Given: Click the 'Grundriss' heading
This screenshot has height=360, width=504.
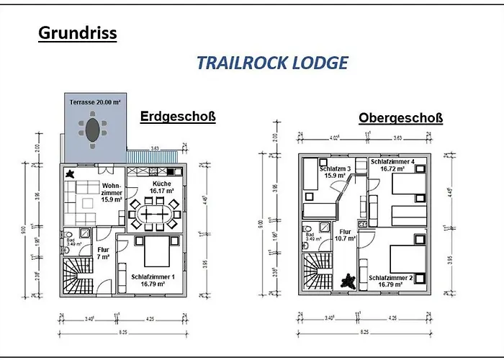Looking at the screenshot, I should tap(76, 32).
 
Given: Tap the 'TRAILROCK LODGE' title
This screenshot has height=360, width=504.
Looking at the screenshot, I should tap(272, 63).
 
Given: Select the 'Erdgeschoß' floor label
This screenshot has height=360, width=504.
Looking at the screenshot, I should tap(178, 117).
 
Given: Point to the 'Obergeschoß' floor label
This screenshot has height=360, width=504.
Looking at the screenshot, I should tap(400, 118).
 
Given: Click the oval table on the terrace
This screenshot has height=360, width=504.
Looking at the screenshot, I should tap(93, 130).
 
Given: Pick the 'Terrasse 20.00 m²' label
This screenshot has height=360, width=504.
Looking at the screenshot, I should tap(94, 102).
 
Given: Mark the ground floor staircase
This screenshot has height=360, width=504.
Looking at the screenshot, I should tap(78, 274).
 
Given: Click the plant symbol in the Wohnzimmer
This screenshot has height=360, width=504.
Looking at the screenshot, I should tap(71, 174).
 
